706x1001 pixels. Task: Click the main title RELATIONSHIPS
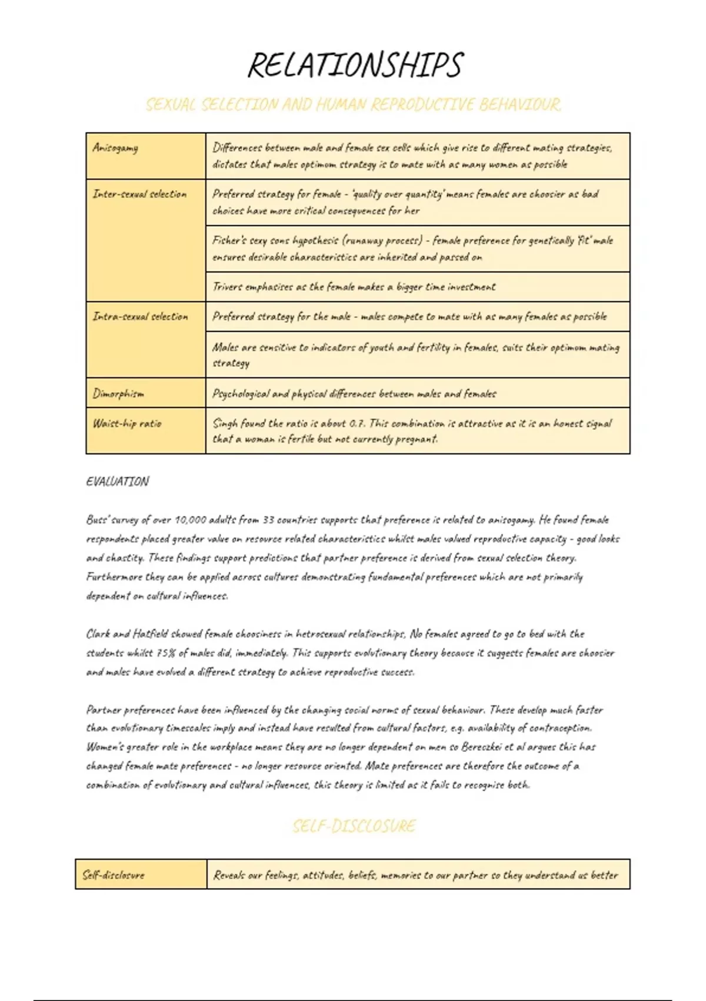click(x=355, y=65)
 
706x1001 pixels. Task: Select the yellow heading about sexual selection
click(x=353, y=105)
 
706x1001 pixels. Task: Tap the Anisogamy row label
click(x=115, y=148)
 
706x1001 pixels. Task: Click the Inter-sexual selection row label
click(x=139, y=194)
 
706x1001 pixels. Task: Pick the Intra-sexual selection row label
click(x=140, y=317)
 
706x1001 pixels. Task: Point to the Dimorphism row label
click(x=118, y=393)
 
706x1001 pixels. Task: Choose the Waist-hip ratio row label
click(x=126, y=423)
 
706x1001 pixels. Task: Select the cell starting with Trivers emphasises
click(x=354, y=287)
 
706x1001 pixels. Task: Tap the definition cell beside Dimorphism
click(x=354, y=393)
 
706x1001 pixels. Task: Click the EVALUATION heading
click(x=117, y=482)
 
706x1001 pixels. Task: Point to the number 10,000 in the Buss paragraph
click(x=191, y=520)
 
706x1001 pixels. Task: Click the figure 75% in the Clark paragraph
click(x=165, y=653)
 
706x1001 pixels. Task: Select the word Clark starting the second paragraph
click(x=98, y=634)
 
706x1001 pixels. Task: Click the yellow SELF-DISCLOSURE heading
click(x=354, y=826)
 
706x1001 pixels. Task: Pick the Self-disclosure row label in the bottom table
click(x=113, y=875)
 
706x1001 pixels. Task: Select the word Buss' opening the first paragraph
click(x=97, y=520)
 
